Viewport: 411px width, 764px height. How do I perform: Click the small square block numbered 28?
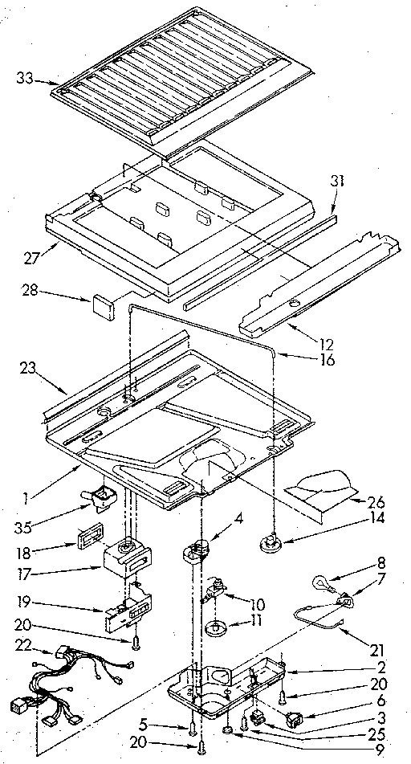click(102, 303)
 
